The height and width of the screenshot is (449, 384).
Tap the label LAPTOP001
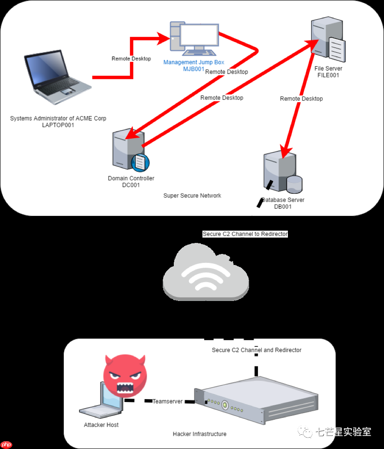click(58, 125)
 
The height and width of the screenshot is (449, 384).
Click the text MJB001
click(193, 69)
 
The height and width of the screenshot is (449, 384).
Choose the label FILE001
click(328, 75)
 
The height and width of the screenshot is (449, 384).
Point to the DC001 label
click(131, 185)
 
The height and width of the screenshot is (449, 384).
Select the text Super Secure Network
click(192, 195)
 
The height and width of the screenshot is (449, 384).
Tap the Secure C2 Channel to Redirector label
click(245, 234)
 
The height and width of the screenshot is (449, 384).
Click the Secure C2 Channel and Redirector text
click(256, 350)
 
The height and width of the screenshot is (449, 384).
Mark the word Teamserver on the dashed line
click(167, 402)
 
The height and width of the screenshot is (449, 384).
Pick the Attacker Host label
click(101, 425)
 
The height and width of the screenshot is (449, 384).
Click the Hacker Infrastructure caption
click(200, 434)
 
